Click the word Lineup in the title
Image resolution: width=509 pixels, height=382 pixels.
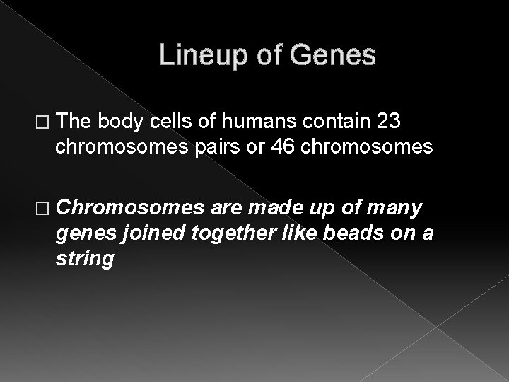tap(199, 55)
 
